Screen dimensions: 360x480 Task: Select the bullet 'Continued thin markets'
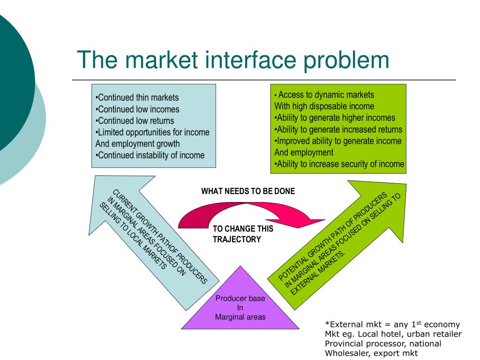[x=137, y=97]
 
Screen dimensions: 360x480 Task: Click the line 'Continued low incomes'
[x=137, y=109]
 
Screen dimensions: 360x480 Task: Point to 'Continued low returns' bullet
[x=135, y=121]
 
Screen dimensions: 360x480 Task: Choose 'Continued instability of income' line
[x=150, y=155]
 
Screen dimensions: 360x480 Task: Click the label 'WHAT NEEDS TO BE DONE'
[x=248, y=191]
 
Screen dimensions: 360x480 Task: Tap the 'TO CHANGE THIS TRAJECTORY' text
[x=242, y=234]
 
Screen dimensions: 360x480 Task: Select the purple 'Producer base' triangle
[x=240, y=305]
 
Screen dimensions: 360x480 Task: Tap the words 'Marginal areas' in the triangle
[x=240, y=317]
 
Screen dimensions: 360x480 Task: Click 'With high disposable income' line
[x=324, y=106]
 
